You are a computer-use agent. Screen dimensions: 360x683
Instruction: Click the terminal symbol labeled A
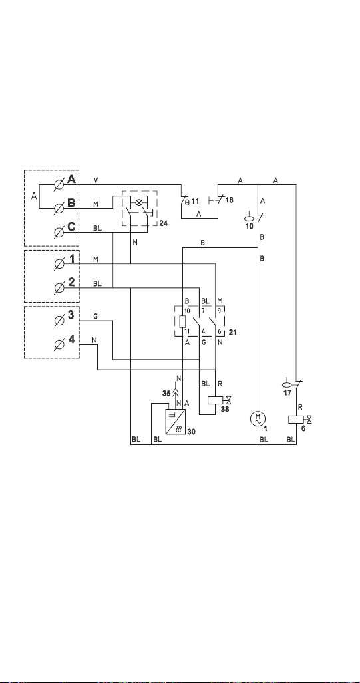coord(59,184)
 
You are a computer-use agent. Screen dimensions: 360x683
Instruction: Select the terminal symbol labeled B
coord(59,209)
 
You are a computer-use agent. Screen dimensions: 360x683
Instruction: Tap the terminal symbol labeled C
coord(59,233)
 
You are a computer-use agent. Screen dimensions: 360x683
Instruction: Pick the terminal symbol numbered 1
coord(59,263)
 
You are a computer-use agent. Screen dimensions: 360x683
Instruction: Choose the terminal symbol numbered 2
coord(59,287)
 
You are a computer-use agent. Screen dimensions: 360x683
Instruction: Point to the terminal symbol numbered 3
coord(59,321)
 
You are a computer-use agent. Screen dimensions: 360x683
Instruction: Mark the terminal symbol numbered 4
coord(59,344)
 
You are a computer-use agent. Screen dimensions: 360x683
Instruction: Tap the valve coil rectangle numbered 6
coord(296,420)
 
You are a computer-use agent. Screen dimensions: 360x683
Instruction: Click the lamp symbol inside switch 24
coord(139,202)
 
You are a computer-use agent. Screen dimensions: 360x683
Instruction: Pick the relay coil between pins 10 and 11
coord(183,321)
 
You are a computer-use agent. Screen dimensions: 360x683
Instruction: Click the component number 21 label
coord(233,332)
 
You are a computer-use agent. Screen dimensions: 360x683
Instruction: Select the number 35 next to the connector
coord(166,393)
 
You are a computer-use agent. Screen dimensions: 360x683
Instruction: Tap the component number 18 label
coord(230,200)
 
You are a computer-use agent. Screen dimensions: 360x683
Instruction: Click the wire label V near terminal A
coord(96,180)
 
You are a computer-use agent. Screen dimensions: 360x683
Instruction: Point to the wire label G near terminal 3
coord(95,317)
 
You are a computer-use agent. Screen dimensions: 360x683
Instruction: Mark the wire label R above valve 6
coord(300,407)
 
